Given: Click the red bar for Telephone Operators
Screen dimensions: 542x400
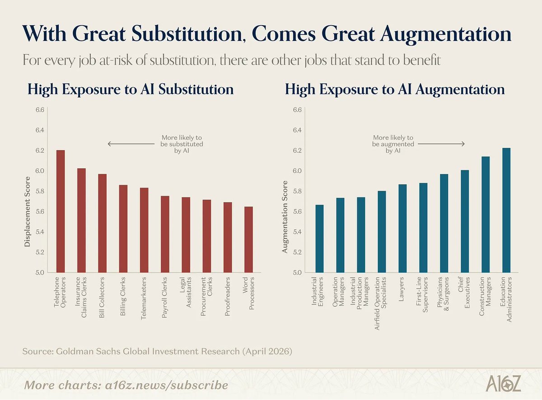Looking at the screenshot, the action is point(61,211).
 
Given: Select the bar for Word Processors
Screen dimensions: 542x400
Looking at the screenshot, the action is point(249,239).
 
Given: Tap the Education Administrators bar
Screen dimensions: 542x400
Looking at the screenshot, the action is point(506,210).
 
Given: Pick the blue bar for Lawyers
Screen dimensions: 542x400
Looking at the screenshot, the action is point(402,229).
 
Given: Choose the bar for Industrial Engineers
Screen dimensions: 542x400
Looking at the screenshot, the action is point(319,239).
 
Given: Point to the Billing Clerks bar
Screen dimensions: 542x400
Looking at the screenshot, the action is point(123,229).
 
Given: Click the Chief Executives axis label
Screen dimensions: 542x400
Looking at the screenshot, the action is point(464,292).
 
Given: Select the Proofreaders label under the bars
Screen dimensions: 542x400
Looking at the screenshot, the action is point(227,296).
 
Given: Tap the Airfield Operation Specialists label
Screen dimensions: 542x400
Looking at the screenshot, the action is point(380,303).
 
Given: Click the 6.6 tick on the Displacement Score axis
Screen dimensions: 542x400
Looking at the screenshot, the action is point(40,110).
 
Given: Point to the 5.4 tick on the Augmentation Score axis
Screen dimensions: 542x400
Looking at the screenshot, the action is point(297,232).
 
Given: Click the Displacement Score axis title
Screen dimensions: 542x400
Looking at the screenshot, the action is point(27,211).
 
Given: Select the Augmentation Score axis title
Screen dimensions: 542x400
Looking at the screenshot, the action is point(285,217).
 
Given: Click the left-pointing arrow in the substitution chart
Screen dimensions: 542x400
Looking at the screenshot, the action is point(131,144).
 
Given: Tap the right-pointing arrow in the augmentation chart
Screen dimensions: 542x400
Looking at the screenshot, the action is point(441,144).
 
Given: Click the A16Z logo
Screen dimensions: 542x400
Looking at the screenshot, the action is point(503,383).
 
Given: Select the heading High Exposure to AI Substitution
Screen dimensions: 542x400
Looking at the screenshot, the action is point(131,89).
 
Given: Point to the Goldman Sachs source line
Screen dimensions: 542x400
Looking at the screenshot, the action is point(157,351).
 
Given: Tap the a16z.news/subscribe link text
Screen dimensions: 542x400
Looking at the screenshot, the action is point(166,386).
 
